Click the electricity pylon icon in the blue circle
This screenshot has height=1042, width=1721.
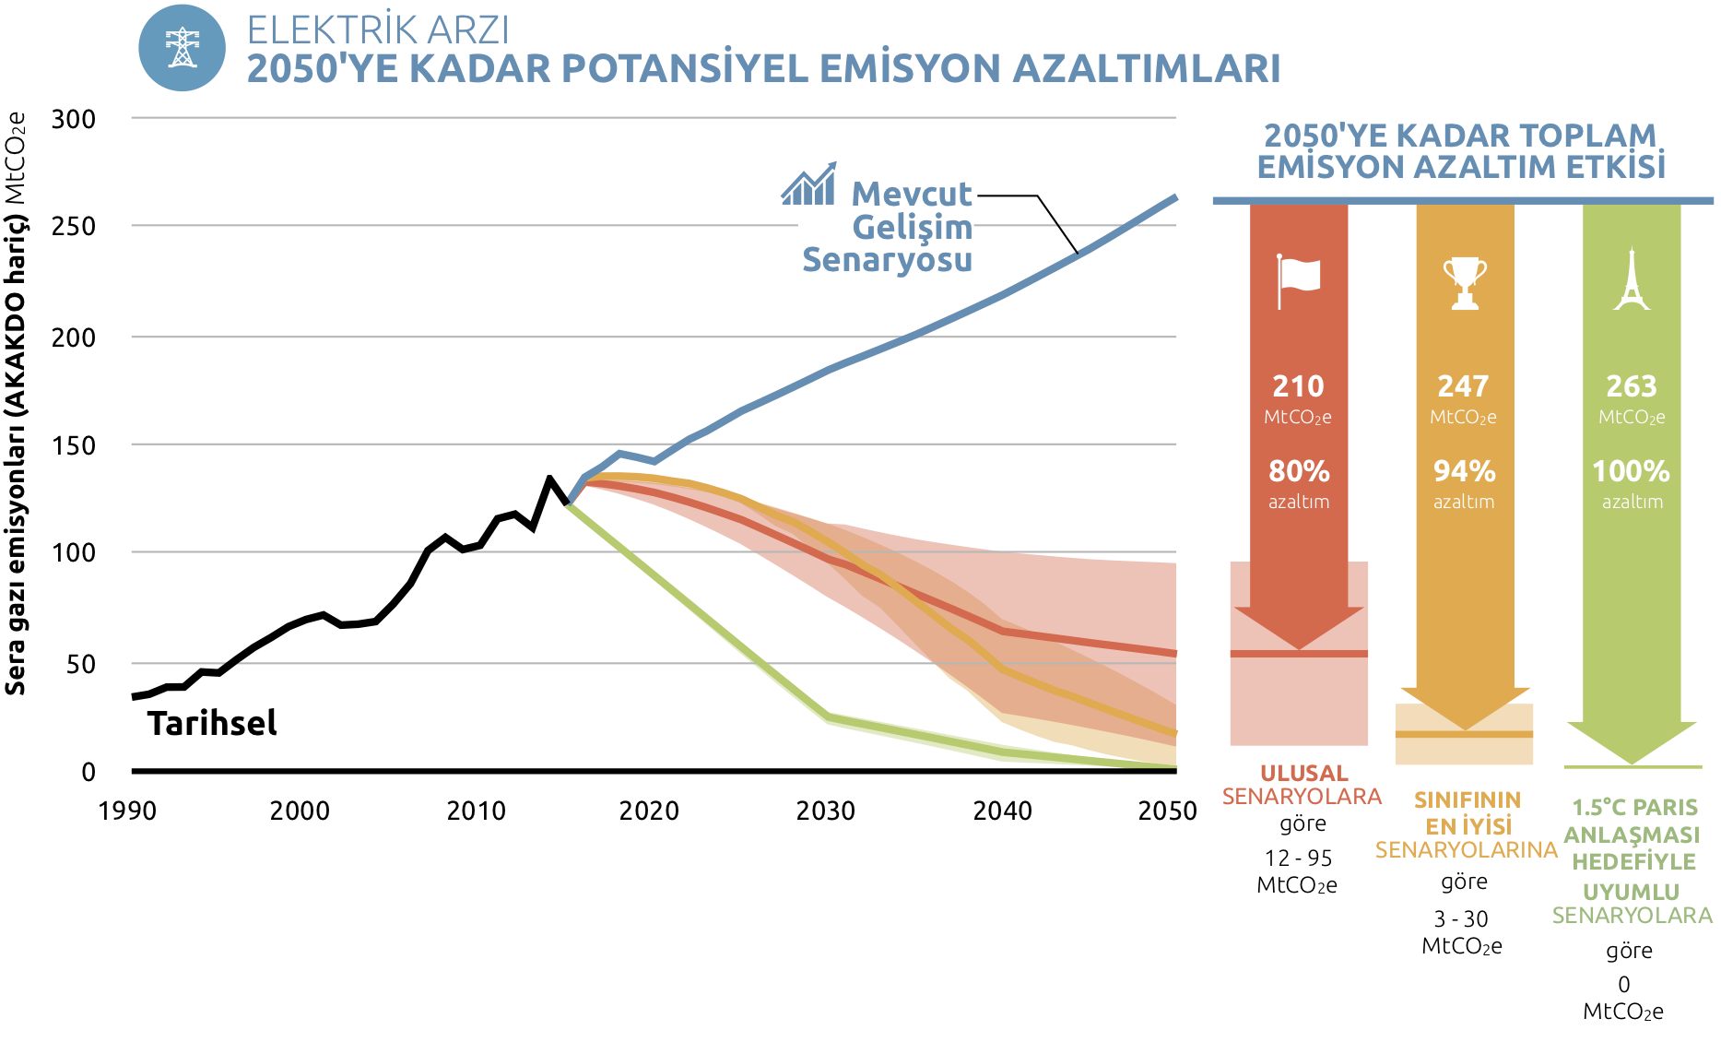(x=182, y=48)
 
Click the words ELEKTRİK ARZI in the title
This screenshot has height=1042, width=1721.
(x=378, y=30)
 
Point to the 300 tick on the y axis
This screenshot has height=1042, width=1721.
(x=74, y=119)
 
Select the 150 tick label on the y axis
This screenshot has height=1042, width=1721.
(x=74, y=445)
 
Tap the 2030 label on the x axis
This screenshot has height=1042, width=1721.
(x=825, y=811)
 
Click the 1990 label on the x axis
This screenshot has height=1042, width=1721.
(x=127, y=811)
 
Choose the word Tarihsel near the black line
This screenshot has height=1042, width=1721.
(x=212, y=723)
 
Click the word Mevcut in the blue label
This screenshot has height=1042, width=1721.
(x=911, y=194)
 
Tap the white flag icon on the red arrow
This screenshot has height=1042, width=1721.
(x=1298, y=279)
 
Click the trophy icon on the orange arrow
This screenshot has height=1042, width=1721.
(x=1464, y=282)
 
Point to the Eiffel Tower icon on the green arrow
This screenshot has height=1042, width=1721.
(x=1632, y=279)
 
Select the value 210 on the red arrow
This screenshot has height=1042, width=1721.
(x=1298, y=385)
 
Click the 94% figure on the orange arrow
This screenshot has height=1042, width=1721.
(x=1464, y=471)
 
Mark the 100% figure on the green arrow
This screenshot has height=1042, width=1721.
(x=1631, y=471)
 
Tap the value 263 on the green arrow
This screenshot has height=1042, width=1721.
(x=1631, y=385)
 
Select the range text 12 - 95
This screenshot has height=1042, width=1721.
(x=1298, y=858)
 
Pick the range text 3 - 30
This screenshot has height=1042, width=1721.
(x=1461, y=918)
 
